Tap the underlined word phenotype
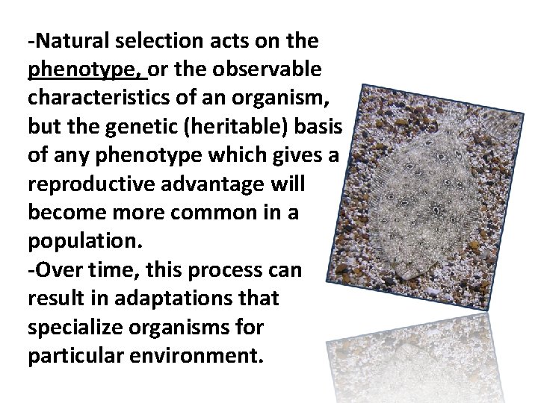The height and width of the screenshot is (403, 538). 87,69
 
